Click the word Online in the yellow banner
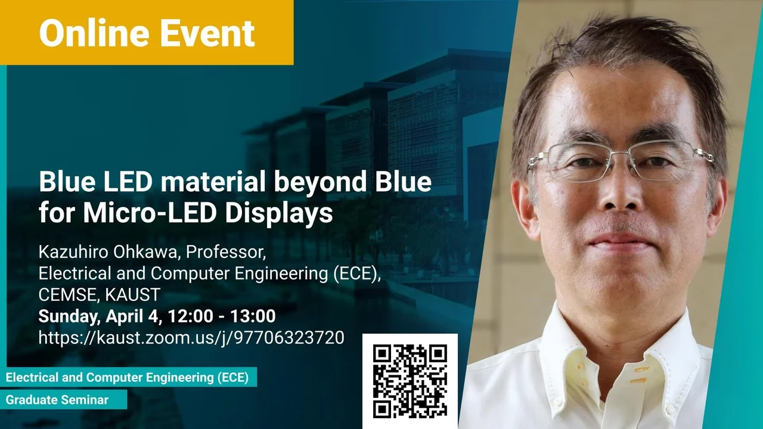coord(94,33)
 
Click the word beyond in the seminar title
coord(320,183)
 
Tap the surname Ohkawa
coord(146,252)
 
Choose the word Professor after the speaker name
coord(226,252)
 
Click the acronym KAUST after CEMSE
coord(132,294)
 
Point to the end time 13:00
coord(253,316)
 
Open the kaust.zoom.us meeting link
coord(191,338)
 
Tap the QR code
coord(410,381)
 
